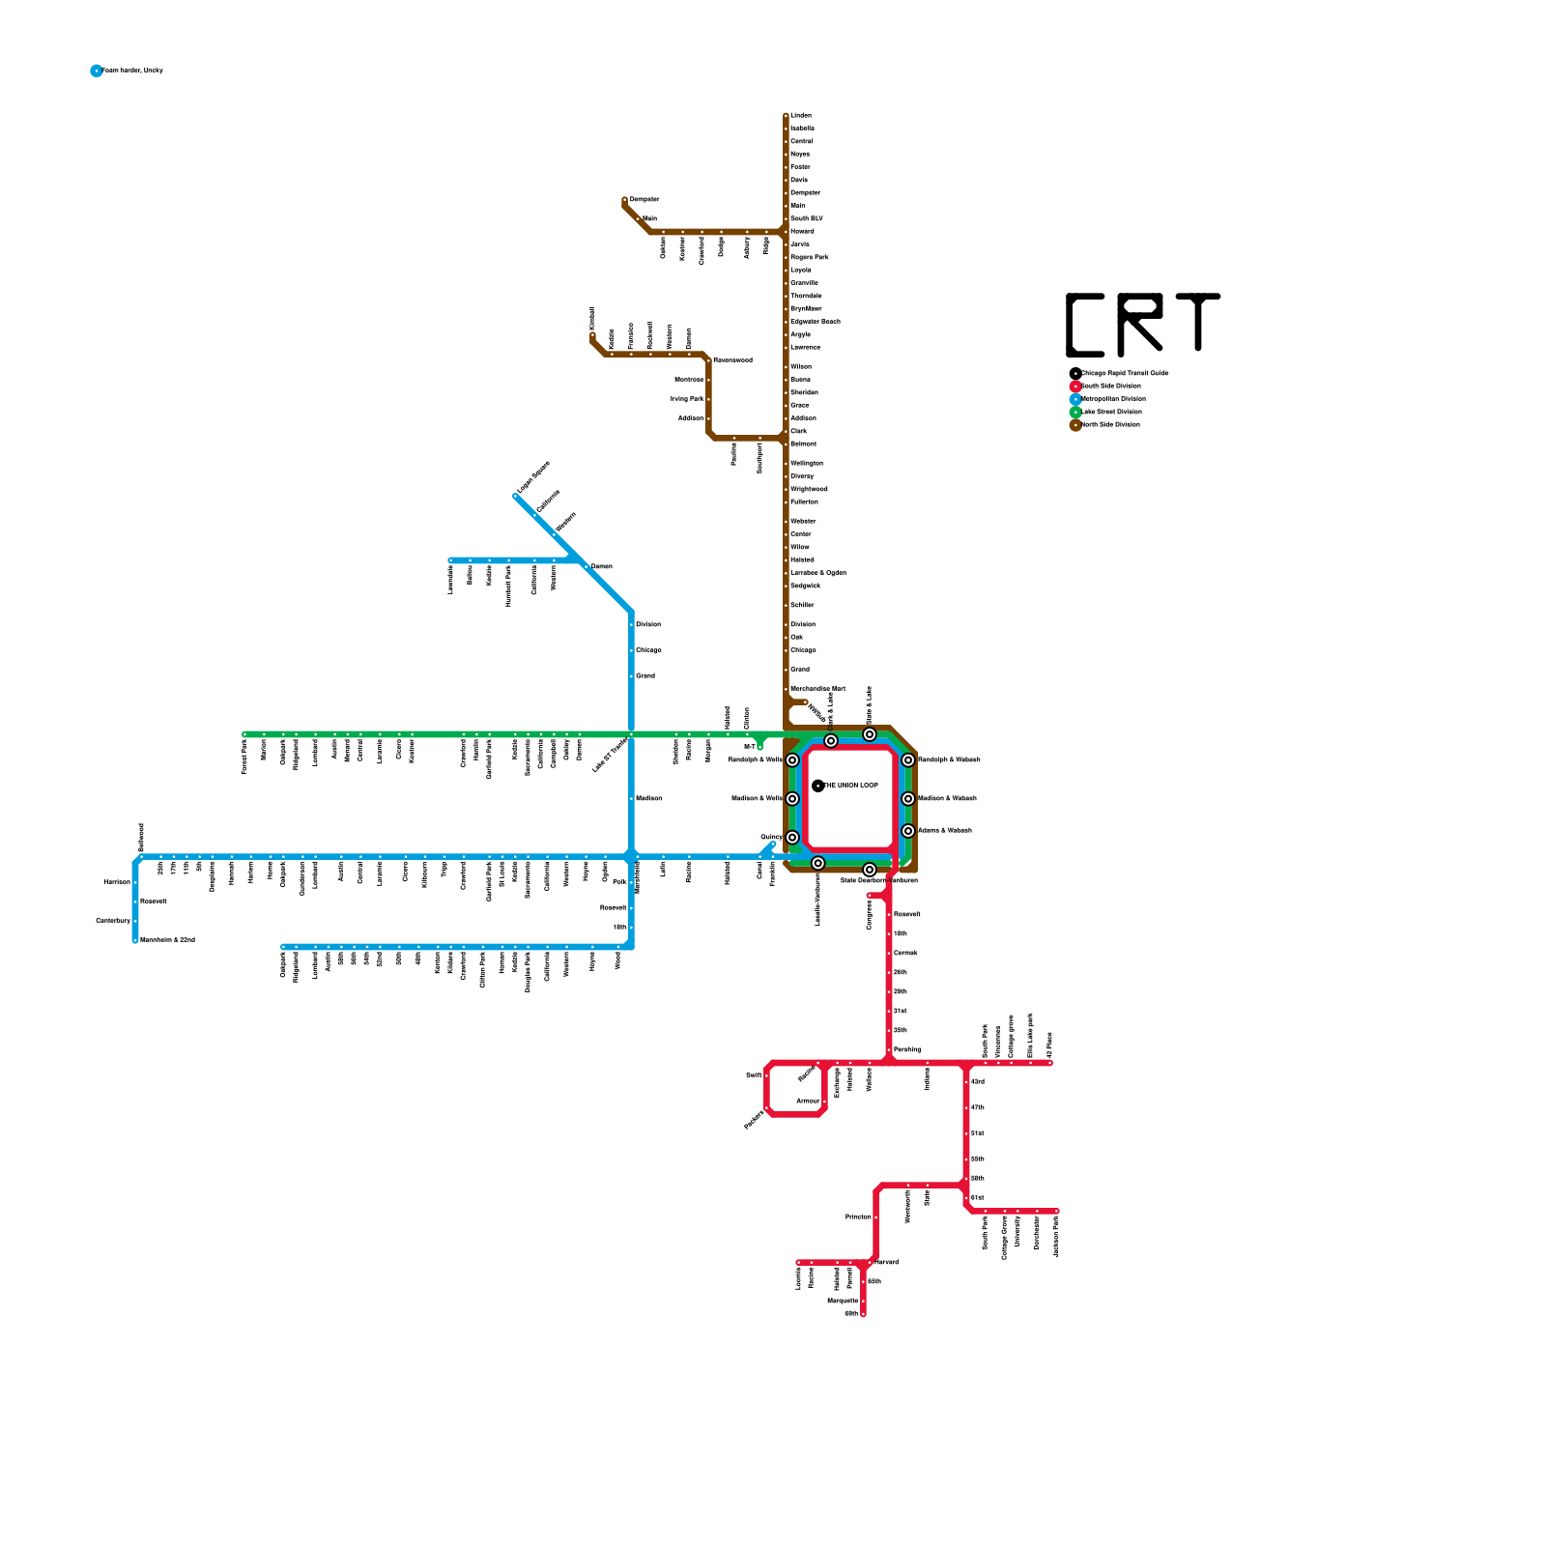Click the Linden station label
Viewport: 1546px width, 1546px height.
point(801,116)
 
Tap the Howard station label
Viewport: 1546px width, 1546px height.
point(802,232)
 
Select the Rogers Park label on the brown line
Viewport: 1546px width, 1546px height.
point(809,257)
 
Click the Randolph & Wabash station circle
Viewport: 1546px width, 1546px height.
point(908,760)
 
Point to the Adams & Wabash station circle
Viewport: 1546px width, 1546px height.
point(908,831)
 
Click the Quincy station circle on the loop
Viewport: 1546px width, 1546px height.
point(792,838)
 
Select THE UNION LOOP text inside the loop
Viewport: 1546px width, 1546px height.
point(851,786)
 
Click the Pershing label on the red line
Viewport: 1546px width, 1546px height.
point(907,1049)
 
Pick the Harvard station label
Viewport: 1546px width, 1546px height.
point(886,1262)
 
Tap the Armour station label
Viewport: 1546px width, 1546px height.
point(808,1101)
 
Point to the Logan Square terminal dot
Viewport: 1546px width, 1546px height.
point(516,497)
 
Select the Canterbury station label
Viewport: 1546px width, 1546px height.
point(113,921)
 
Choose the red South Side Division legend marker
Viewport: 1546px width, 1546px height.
point(1075,386)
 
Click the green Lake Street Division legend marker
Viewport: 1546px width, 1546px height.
point(1075,413)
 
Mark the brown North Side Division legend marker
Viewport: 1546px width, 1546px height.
point(1075,425)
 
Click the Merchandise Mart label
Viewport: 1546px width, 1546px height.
point(817,689)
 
